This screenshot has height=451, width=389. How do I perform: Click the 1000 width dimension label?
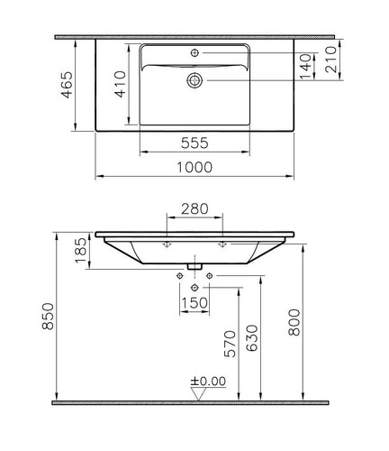pos(194,167)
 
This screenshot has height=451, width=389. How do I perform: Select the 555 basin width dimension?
pos(194,143)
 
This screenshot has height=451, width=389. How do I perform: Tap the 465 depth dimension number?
pos(67,85)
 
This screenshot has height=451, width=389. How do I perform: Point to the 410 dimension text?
pos(121,84)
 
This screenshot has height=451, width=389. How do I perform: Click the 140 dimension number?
pos(306,67)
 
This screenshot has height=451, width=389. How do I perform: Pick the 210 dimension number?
pos(331,60)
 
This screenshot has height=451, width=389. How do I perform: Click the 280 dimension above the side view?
pos(194,208)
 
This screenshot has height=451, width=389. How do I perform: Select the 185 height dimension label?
pos(80,251)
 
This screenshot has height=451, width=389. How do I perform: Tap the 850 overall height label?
pos(48,317)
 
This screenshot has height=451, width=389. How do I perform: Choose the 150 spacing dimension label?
pos(194,303)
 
